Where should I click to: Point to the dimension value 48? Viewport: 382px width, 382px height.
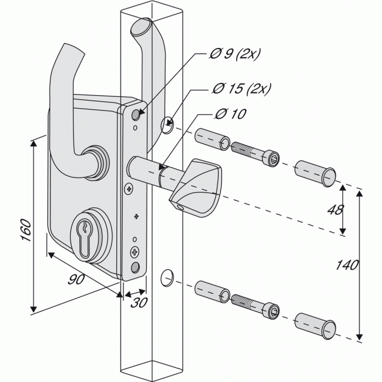click(333, 210)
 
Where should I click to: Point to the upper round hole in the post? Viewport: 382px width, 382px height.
click(166, 124)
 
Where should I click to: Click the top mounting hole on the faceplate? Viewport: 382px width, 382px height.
click(137, 113)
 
